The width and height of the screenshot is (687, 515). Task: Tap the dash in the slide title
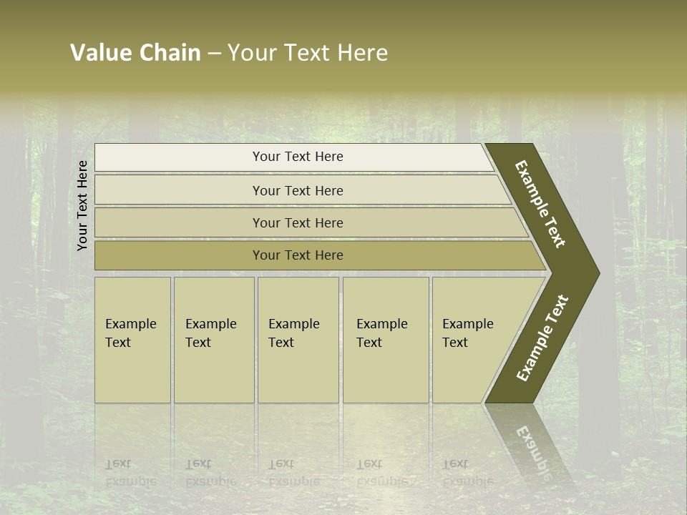(x=214, y=54)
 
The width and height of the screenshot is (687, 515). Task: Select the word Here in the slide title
(x=361, y=53)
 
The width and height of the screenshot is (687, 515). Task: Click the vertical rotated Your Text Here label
(x=82, y=205)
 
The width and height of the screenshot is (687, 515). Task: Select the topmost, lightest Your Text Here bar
(x=297, y=157)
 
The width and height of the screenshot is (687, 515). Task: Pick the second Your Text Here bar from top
(x=297, y=190)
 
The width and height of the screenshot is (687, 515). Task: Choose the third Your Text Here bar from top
(x=297, y=222)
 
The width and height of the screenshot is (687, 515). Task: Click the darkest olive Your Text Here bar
(x=297, y=255)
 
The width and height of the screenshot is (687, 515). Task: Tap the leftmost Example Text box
(x=132, y=340)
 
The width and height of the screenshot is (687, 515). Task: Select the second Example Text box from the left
(x=213, y=340)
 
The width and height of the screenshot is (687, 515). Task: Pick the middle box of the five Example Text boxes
(x=298, y=340)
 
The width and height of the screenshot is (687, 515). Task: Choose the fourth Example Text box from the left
(x=385, y=340)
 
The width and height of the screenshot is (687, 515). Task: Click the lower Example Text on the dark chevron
(x=542, y=338)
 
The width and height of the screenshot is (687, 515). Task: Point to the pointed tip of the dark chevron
(x=598, y=273)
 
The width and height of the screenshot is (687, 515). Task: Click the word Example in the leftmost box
(x=130, y=324)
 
